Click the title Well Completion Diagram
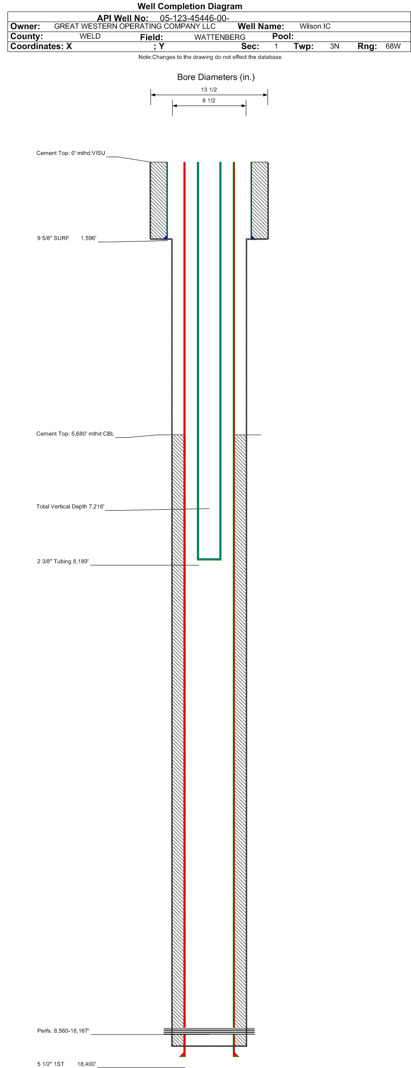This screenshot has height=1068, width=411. pyautogui.click(x=190, y=6)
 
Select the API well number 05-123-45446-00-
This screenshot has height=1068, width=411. pyautogui.click(x=195, y=18)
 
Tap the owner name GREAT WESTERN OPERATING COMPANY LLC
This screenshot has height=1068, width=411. pyautogui.click(x=135, y=26)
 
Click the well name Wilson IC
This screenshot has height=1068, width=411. pyautogui.click(x=315, y=26)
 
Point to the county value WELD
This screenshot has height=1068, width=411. pyautogui.click(x=90, y=36)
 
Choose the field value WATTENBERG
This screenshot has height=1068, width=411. pyautogui.click(x=220, y=37)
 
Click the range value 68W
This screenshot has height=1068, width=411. pyautogui.click(x=393, y=46)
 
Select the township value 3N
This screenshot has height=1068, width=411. pyautogui.click(x=335, y=46)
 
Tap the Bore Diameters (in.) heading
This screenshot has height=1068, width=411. pyautogui.click(x=216, y=77)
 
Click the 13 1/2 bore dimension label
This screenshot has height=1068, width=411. pyautogui.click(x=209, y=90)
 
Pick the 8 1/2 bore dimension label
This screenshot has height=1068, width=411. pyautogui.click(x=209, y=101)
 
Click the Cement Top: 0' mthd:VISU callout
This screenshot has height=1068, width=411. pyautogui.click(x=71, y=153)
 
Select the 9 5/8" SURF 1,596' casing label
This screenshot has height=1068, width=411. pyautogui.click(x=67, y=238)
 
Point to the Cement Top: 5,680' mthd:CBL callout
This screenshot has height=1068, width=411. pyautogui.click(x=75, y=433)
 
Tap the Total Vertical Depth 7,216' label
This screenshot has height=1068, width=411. pyautogui.click(x=70, y=506)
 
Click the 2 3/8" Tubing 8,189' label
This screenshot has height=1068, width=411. pyautogui.click(x=63, y=561)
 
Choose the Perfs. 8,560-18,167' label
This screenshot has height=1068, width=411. pyautogui.click(x=63, y=1031)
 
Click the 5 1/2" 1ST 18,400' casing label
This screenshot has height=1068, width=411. pyautogui.click(x=67, y=1064)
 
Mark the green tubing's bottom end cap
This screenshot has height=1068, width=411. pyautogui.click(x=209, y=559)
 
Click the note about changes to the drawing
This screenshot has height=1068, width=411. pyautogui.click(x=210, y=57)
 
